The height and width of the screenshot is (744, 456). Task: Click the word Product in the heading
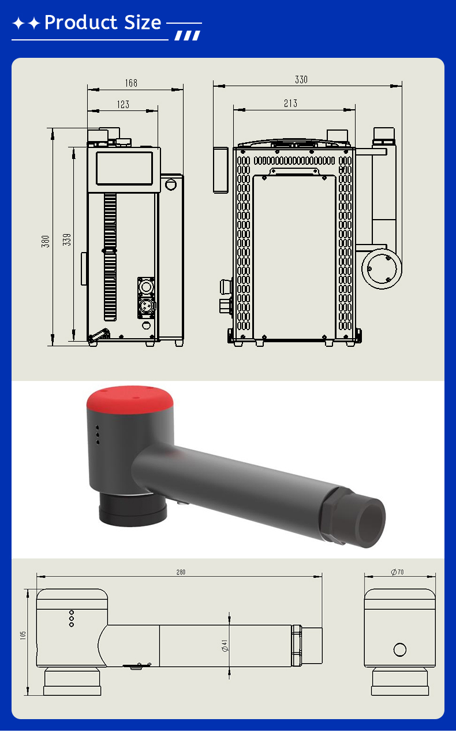81,23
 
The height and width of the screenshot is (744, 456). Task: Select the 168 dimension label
131,83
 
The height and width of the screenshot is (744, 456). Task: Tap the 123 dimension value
123,105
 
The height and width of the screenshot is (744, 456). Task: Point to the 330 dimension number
301,80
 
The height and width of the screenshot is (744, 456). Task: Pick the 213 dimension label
290,103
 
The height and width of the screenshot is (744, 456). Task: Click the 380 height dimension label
46,241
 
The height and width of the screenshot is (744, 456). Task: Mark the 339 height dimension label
66,240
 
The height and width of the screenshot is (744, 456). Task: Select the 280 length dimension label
181,572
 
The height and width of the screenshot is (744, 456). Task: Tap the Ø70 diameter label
397,572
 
